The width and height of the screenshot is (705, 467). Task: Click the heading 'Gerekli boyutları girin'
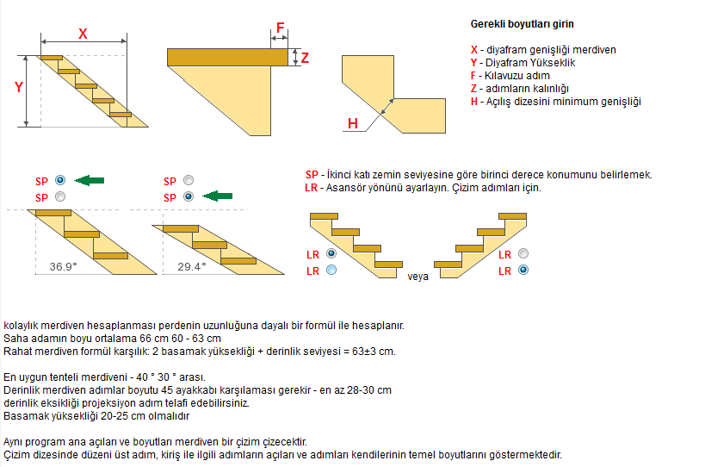coord(523,23)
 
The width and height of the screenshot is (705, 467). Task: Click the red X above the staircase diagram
coord(83,34)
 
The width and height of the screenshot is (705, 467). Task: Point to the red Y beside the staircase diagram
coord(17,87)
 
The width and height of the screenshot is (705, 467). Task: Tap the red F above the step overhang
coord(281,28)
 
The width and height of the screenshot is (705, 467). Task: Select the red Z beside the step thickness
coord(305,59)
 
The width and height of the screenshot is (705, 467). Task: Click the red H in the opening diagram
coord(353,124)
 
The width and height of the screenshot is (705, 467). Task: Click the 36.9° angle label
coord(63,267)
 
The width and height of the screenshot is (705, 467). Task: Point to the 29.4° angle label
coord(192,267)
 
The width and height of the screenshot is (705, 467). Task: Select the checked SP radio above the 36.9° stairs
coord(59,180)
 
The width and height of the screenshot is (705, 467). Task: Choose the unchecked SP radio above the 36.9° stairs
coord(59,196)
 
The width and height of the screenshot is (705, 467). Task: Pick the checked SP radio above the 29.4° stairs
coord(189,196)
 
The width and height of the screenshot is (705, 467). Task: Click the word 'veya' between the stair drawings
coord(419,277)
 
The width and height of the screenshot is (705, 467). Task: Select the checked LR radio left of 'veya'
coord(331,254)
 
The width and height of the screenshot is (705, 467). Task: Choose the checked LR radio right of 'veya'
coord(523,270)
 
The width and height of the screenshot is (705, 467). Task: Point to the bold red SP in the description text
coord(312,175)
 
